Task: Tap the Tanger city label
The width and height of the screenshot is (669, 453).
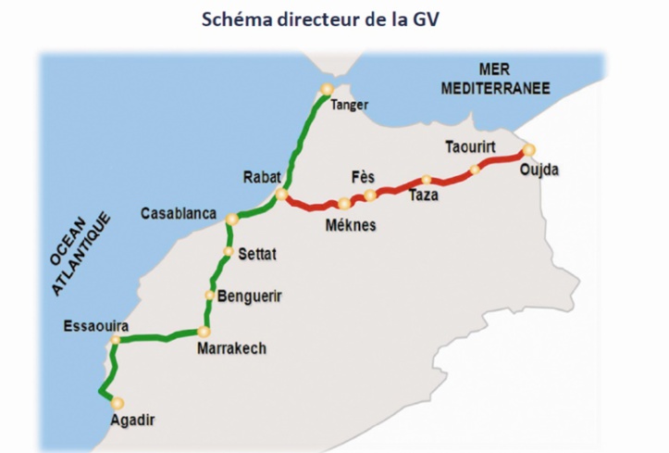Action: coord(349,105)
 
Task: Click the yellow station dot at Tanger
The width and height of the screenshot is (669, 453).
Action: coord(326,90)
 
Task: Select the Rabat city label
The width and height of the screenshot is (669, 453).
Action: coord(261,176)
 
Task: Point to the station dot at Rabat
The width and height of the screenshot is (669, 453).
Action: coord(281,195)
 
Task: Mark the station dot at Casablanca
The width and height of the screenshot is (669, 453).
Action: coord(232,220)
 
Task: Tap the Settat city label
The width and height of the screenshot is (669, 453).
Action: coord(257,253)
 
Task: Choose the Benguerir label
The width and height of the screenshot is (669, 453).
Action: coord(250,296)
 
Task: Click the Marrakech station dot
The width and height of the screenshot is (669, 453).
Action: coord(204,331)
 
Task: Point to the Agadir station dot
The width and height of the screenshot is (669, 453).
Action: coord(118,402)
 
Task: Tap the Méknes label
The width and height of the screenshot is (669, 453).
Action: coord(351,225)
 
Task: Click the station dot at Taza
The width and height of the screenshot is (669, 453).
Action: coord(426,180)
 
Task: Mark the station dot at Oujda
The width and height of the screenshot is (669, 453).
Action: coord(528,149)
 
